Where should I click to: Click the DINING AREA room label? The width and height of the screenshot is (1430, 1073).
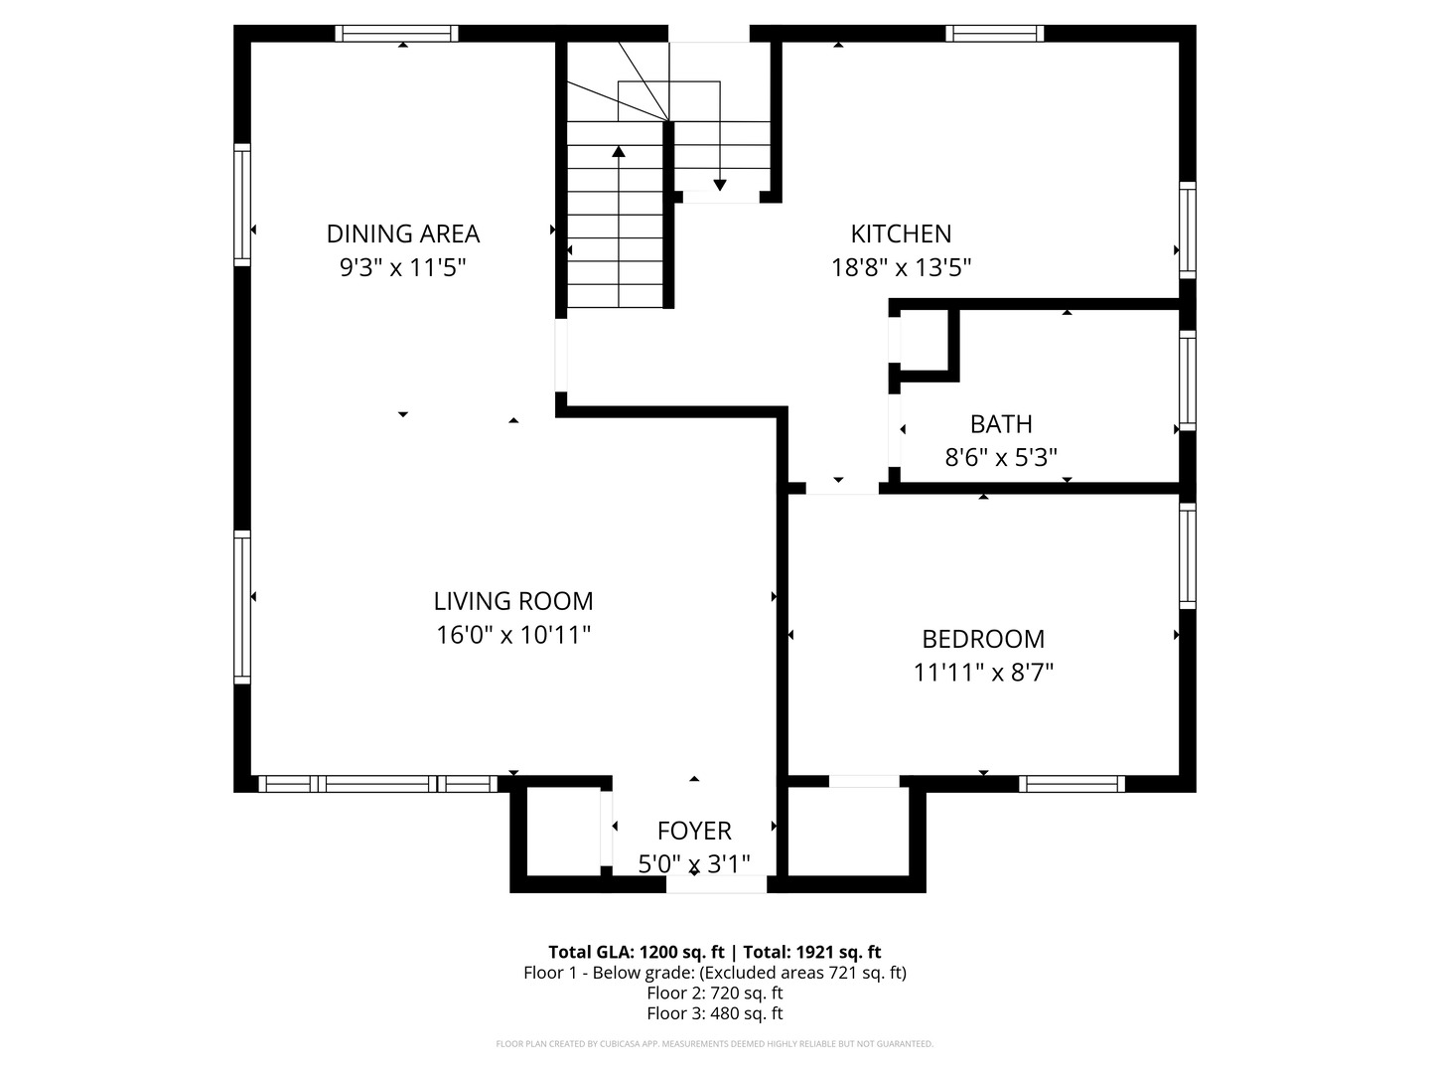point(402,233)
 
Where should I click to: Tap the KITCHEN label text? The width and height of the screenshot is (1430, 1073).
point(901,233)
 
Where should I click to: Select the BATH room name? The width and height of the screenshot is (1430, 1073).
point(1001,424)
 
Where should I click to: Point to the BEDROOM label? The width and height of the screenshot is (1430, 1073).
point(983,639)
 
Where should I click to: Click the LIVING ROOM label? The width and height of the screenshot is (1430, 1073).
point(513,601)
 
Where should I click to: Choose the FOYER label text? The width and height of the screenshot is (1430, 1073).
point(694,832)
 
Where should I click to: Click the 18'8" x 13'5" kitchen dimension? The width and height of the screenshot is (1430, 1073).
point(901,267)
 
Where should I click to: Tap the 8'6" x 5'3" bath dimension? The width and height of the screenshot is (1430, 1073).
point(1001,457)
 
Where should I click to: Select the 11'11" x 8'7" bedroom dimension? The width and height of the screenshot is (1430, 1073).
point(983,673)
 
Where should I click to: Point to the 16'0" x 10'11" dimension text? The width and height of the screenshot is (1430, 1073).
point(513,635)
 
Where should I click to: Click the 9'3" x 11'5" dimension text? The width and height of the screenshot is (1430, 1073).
point(402,267)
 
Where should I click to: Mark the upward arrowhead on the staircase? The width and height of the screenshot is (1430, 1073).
point(619,151)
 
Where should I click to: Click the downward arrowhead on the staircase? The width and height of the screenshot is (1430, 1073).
point(719,185)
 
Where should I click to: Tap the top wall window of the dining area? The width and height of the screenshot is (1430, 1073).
point(397,33)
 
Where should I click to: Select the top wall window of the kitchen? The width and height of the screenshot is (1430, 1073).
point(995,33)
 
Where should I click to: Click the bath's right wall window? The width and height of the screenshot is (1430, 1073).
point(1188,381)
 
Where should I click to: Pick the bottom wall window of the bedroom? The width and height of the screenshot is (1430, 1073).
point(1072,784)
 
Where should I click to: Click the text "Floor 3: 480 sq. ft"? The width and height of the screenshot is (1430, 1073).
point(715,1013)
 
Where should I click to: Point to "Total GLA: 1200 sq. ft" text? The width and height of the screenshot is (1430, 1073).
point(636,953)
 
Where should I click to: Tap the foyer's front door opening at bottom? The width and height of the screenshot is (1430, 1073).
point(716,884)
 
